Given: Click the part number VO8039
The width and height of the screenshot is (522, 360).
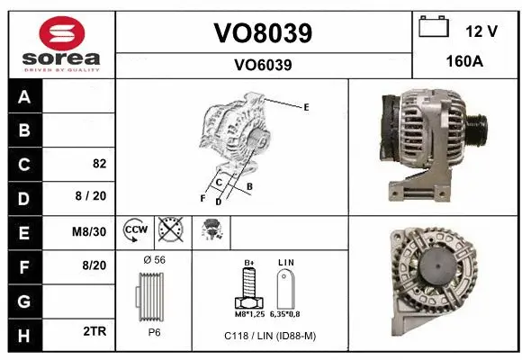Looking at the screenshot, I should point(263,33).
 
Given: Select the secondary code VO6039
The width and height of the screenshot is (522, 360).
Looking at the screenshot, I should point(263,65).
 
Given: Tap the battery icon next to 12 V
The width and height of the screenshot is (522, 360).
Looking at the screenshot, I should point(434,28).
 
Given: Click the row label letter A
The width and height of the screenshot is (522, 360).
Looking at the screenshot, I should point(23,97).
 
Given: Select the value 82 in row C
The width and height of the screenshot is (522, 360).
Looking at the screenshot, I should point(99,165).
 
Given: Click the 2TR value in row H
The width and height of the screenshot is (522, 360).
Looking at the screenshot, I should point(95,331).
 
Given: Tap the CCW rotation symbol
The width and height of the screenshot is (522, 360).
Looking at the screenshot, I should point(136,230).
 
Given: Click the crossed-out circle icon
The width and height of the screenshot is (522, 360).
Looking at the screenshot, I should point(169,230).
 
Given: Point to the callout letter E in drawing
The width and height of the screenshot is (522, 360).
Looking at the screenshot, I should point(306,107).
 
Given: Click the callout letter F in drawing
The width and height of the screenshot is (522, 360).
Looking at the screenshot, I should point(202,197).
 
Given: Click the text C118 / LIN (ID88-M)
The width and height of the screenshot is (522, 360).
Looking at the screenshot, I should point(270,335).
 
